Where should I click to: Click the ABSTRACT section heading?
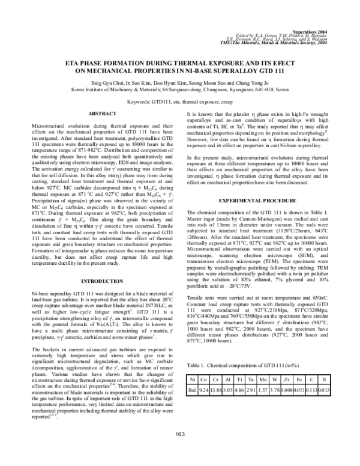pyautogui.click(x=103, y=113)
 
